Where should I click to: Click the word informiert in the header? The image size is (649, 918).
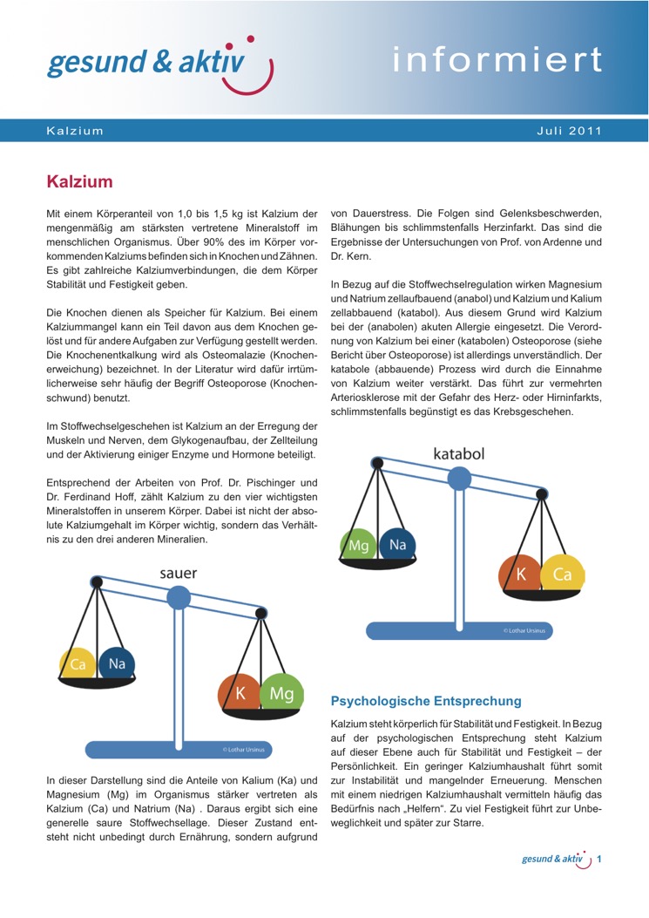[x=497, y=59]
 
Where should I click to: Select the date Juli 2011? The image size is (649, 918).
[x=570, y=131]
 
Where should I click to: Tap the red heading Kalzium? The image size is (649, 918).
[x=79, y=182]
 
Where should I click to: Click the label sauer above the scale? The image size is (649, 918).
[x=178, y=573]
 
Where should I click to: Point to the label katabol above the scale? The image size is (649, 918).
[x=458, y=453]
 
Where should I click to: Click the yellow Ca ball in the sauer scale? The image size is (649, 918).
[x=78, y=664]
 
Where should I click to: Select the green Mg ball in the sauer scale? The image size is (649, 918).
[x=281, y=694]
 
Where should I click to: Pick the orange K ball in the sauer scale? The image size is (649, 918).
[x=240, y=694]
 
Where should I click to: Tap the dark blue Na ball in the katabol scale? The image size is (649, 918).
[x=398, y=546]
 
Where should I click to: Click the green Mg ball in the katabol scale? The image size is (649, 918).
[x=359, y=546]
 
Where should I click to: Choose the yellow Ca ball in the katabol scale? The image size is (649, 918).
[x=562, y=575]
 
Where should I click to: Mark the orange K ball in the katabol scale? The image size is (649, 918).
[x=520, y=575]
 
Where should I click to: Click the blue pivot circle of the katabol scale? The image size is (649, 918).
[x=459, y=478]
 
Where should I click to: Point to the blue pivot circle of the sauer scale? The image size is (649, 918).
[x=179, y=597]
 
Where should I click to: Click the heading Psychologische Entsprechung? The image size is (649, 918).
[x=426, y=700]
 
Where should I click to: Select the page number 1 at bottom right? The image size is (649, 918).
[x=599, y=860]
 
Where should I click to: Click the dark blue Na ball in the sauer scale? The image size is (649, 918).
[x=117, y=664]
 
